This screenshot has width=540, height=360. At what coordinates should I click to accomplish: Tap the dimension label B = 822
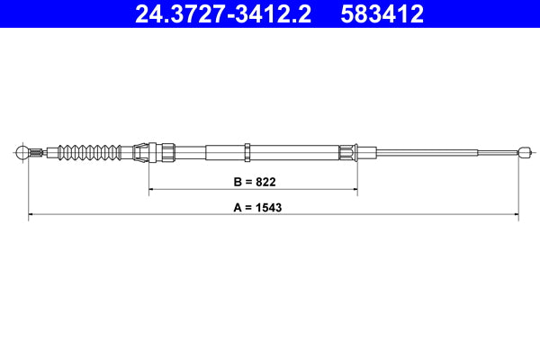[x=254, y=182]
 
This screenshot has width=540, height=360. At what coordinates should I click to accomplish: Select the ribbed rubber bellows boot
[x=88, y=151]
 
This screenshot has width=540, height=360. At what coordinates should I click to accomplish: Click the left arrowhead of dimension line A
[x=32, y=215]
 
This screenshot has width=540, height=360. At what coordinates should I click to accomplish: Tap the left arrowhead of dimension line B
[x=152, y=190]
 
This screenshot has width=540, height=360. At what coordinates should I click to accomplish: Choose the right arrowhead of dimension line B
[x=354, y=190]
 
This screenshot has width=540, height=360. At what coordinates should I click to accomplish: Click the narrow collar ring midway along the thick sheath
[x=246, y=151]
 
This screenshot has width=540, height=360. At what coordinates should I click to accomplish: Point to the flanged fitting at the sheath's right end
[x=350, y=151]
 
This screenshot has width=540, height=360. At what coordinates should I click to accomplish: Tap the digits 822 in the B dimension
[x=265, y=182]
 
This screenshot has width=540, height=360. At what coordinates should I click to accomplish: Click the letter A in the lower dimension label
[x=238, y=206]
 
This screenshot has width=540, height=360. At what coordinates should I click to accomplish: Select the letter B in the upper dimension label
[x=238, y=182]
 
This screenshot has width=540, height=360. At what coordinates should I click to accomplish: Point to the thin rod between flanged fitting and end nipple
[x=432, y=151]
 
